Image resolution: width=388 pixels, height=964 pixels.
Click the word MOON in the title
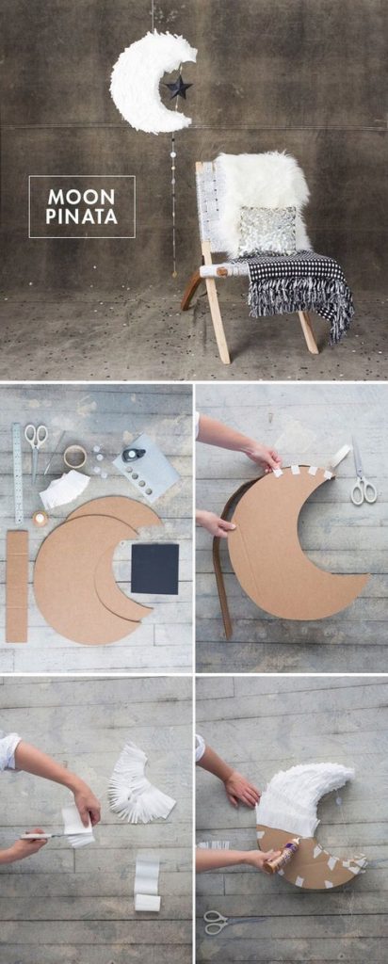[x=82, y=197]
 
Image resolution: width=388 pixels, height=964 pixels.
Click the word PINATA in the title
[x=82, y=217]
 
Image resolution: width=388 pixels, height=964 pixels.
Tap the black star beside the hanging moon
[x=178, y=87]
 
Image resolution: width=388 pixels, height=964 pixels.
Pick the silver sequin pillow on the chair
[x=267, y=231]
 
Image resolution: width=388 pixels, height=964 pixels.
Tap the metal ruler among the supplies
[x=17, y=473]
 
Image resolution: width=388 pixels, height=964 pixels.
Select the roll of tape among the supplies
[x=75, y=457]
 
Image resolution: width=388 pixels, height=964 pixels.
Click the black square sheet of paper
[x=155, y=568]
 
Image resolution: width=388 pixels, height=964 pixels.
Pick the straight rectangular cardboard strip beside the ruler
[x=17, y=586]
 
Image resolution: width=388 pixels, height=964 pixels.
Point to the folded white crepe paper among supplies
[x=65, y=489]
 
